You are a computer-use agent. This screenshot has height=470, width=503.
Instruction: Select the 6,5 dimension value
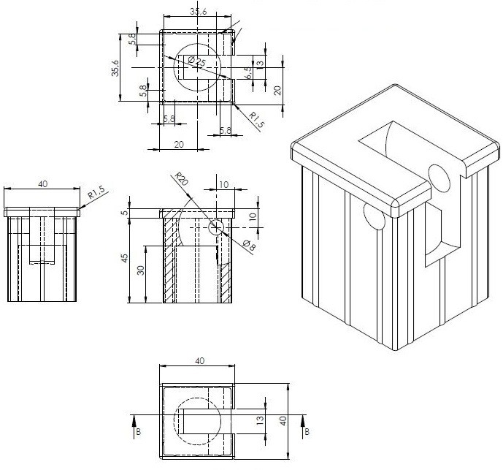click(250, 72)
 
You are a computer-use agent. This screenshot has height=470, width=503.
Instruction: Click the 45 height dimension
click(124, 259)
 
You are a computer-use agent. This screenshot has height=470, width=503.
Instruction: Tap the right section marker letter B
click(307, 432)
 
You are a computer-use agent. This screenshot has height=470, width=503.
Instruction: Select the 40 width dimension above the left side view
click(43, 184)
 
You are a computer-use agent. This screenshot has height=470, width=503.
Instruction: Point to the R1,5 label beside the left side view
click(96, 194)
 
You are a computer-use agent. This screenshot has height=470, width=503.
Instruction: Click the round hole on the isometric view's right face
click(439, 178)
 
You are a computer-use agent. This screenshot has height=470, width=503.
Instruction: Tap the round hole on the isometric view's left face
click(373, 217)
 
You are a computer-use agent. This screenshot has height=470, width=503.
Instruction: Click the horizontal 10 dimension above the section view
click(223, 183)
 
